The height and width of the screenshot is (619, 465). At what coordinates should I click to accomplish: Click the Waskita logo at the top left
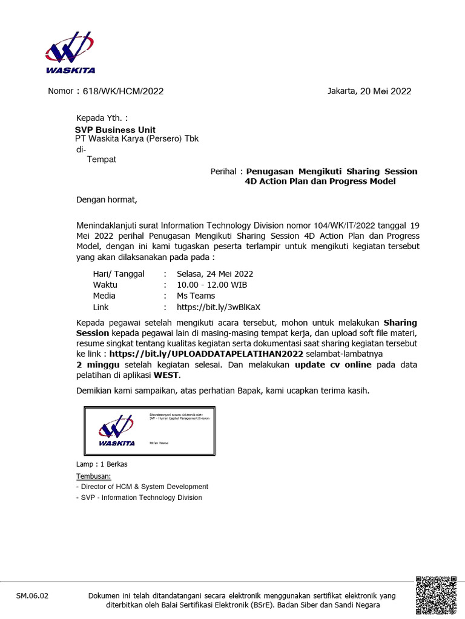(x=70, y=53)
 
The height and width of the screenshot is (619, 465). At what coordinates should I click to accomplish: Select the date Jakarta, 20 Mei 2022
(x=369, y=91)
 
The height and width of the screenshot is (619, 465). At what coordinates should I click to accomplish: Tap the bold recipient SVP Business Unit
(x=115, y=130)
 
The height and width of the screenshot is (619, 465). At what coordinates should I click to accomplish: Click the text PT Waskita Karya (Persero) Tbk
(x=137, y=138)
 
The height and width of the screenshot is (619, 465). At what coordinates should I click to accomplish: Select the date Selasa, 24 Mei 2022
(x=215, y=273)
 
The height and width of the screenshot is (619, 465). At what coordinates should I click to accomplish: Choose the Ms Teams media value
(x=196, y=296)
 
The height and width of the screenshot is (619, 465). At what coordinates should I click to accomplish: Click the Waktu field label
(x=105, y=285)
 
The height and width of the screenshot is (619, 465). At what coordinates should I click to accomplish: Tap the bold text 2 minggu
(x=99, y=366)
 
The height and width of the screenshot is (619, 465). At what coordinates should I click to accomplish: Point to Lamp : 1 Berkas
(x=102, y=464)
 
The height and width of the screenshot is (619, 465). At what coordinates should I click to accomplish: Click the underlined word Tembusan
(x=94, y=476)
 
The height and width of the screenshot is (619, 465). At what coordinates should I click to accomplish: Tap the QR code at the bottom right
(x=436, y=595)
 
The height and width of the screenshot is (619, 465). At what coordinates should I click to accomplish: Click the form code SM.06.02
(x=31, y=596)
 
